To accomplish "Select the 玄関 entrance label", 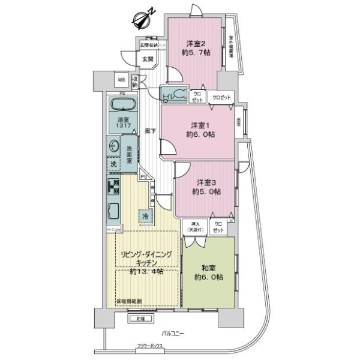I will [148, 59].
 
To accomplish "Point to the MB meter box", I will [121, 79].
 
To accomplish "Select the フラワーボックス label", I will [150, 347].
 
